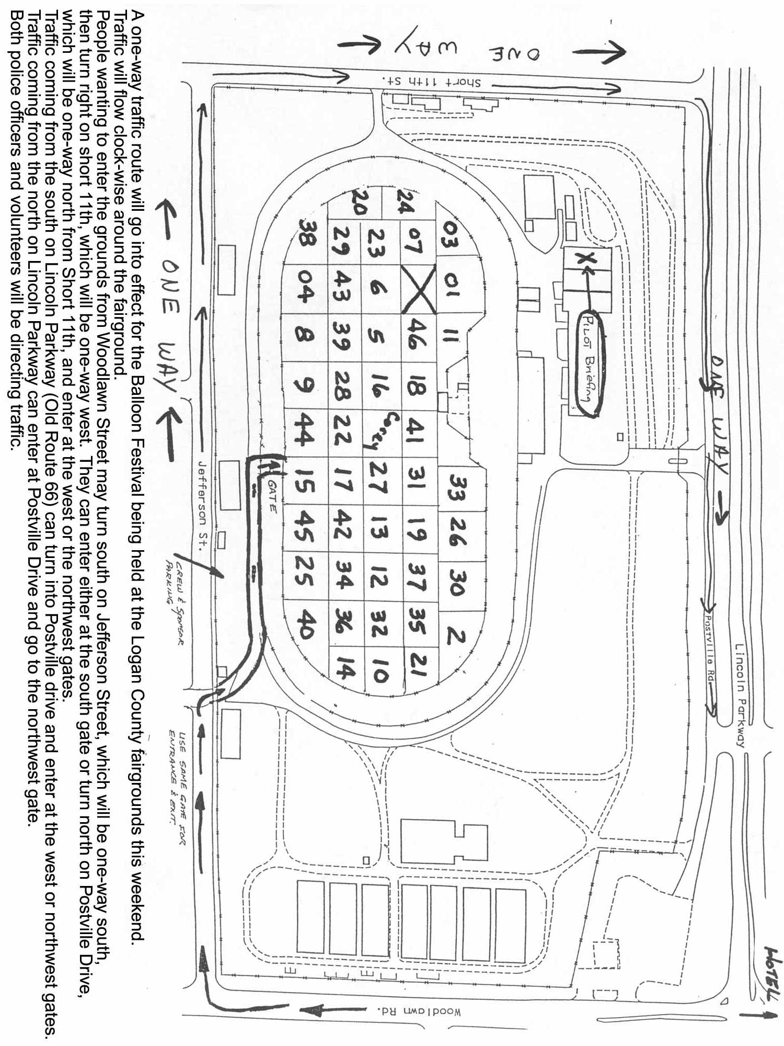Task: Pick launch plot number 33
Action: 459,487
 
